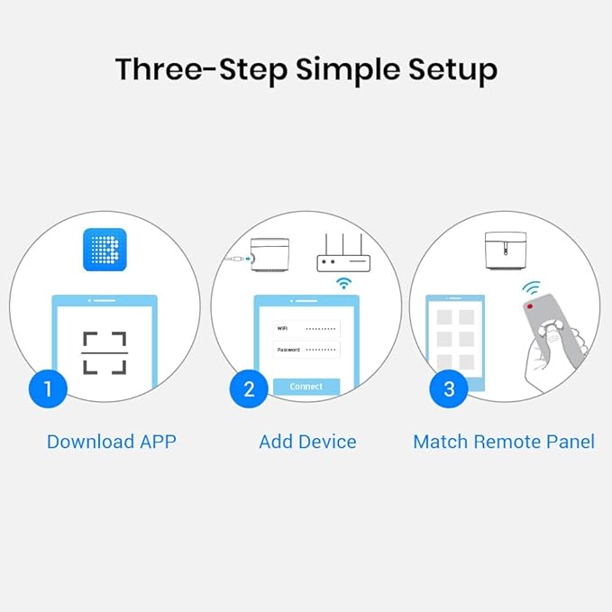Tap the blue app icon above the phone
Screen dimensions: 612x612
(x=105, y=249)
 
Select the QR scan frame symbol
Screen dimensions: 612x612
(x=105, y=352)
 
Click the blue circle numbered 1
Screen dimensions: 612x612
(x=47, y=389)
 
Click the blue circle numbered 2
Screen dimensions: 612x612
(x=249, y=389)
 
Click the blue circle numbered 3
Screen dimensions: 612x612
(x=448, y=389)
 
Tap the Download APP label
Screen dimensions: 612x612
(x=111, y=442)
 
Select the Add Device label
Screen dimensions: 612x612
(x=307, y=442)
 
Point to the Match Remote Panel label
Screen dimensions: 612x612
(x=503, y=442)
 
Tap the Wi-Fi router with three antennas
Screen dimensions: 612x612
(x=343, y=255)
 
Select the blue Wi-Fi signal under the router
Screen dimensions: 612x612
(x=343, y=283)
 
